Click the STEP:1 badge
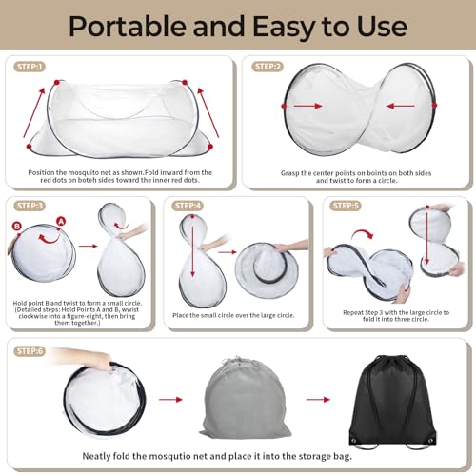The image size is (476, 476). pos(30,67)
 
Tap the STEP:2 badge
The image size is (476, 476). pos(268,67)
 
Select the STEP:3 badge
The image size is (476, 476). pos(30,206)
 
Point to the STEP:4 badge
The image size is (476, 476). pos(188,206)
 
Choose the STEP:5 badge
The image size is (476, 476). pos(346,206)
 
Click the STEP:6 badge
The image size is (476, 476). pos(30,351)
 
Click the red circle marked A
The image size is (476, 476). pos(61,221)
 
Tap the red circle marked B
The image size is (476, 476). pos(17,226)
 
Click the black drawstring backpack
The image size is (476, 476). pos(392,402)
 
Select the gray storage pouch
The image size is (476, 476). pos(245,398)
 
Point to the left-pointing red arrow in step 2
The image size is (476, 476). pos(401,106)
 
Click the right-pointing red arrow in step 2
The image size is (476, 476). pos(307,106)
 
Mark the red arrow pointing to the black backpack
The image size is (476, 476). pos(318,399)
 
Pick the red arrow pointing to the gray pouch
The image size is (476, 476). pos(170,399)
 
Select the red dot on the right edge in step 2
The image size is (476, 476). pos(434,105)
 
